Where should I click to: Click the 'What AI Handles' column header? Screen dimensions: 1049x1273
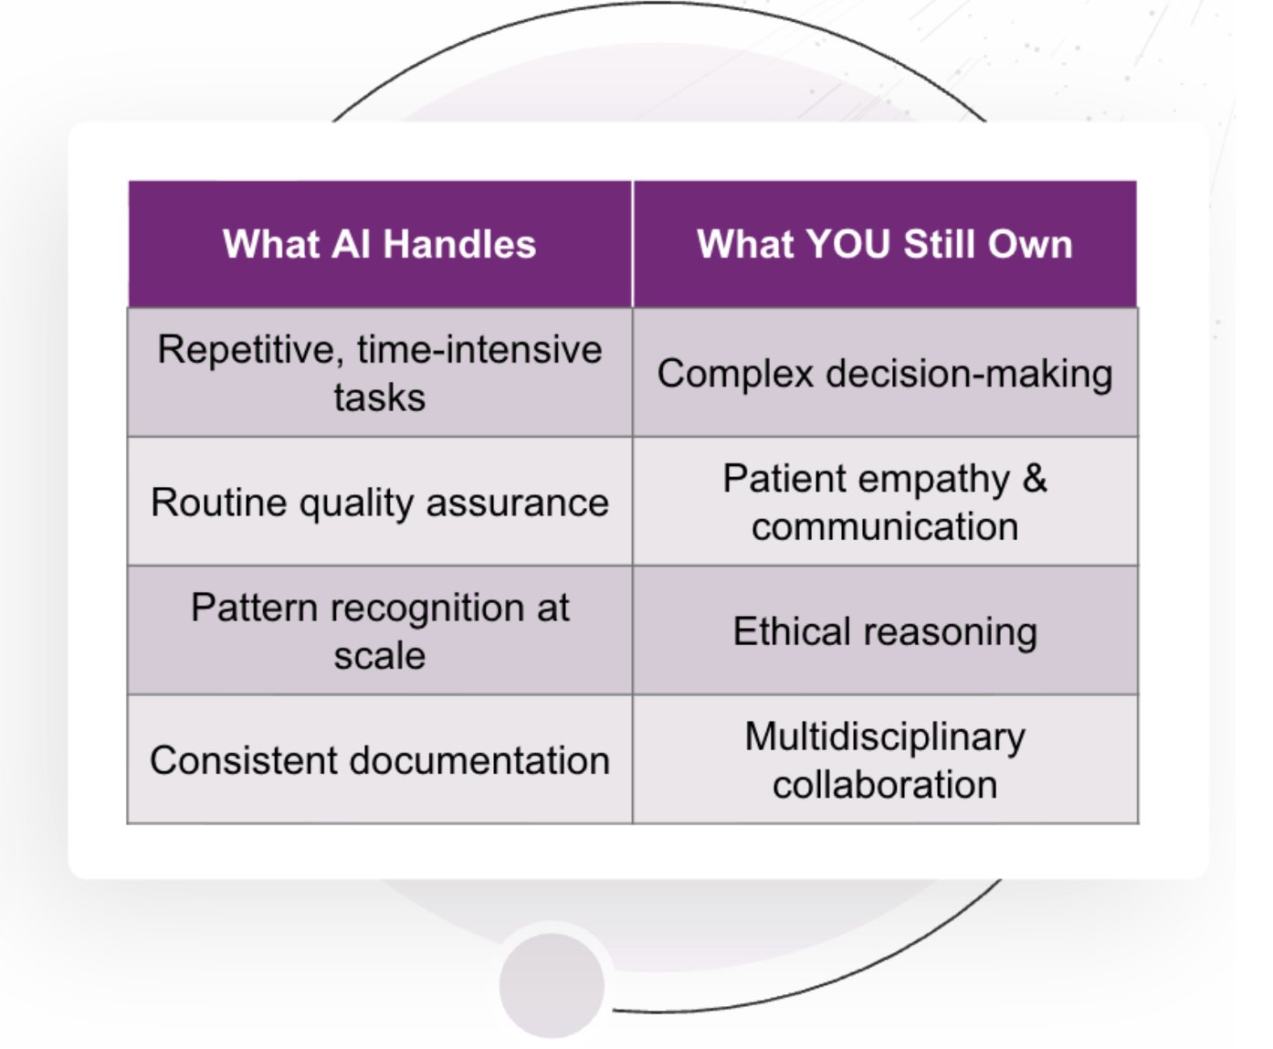pyautogui.click(x=379, y=245)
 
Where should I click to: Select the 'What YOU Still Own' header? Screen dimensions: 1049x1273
pyautogui.click(x=884, y=245)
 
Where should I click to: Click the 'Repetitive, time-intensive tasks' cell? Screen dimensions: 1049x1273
pyautogui.click(x=379, y=373)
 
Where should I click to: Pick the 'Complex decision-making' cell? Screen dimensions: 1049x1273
pyautogui.click(x=884, y=374)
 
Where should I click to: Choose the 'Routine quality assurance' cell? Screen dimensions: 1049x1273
pyautogui.click(x=379, y=503)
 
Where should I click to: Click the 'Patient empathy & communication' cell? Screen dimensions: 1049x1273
pyautogui.click(x=884, y=503)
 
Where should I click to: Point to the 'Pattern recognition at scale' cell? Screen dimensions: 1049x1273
pyautogui.click(x=379, y=631)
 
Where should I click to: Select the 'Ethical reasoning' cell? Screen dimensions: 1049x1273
pyautogui.click(x=884, y=631)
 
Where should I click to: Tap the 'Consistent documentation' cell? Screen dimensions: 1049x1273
pyautogui.click(x=379, y=760)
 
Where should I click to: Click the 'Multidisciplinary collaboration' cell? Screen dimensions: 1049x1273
pyautogui.click(x=884, y=760)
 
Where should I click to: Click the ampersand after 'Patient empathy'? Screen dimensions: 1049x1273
pyautogui.click(x=1035, y=479)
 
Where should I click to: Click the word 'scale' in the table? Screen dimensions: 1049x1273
pyautogui.click(x=379, y=656)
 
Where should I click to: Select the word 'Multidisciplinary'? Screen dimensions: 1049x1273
pyautogui.click(x=884, y=737)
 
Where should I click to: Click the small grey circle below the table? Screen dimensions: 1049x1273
pyautogui.click(x=552, y=985)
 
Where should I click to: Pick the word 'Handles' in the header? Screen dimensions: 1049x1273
pyautogui.click(x=459, y=245)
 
